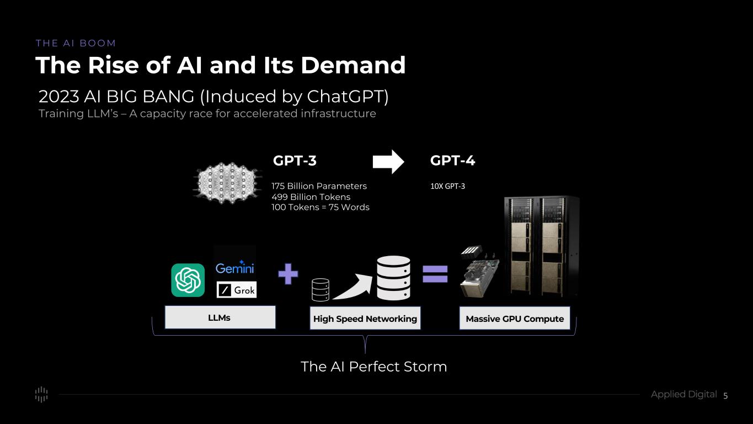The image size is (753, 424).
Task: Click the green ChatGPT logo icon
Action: (x=188, y=280)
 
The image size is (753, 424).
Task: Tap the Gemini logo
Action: (x=234, y=268)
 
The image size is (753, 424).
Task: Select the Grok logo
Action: (x=237, y=290)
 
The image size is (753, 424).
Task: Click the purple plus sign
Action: (x=288, y=274)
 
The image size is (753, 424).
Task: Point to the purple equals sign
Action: (x=435, y=274)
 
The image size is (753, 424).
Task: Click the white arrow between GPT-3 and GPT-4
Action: (x=388, y=162)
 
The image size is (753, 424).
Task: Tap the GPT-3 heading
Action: (x=295, y=161)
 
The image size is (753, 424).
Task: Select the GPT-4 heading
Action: (x=452, y=161)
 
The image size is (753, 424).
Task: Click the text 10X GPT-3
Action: (x=447, y=187)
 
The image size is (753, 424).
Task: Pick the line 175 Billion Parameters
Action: (x=319, y=186)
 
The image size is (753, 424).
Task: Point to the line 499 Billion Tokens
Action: (x=311, y=197)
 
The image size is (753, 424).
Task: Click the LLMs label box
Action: (x=220, y=317)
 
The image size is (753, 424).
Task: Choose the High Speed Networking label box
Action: (x=365, y=319)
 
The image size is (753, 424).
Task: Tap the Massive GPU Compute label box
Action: (x=515, y=319)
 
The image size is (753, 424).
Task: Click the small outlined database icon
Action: (x=321, y=289)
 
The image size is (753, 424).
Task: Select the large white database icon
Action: (x=393, y=278)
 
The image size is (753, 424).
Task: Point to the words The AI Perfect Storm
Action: (x=373, y=367)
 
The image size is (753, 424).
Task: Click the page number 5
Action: (x=725, y=395)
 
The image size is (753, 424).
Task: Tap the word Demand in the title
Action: (x=353, y=65)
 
